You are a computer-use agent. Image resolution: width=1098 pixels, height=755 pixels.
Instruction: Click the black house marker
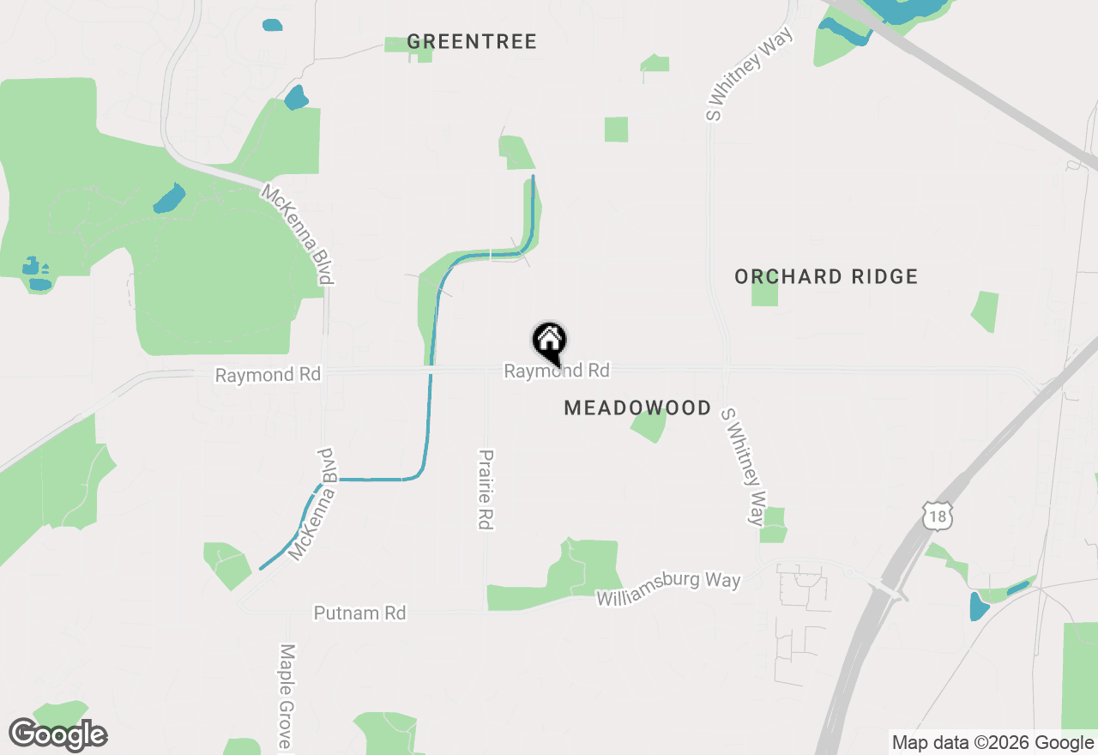(550, 341)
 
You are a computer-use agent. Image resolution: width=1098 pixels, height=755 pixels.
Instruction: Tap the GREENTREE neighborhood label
(472, 41)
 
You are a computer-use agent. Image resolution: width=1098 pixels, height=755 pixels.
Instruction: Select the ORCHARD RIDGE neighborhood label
(826, 276)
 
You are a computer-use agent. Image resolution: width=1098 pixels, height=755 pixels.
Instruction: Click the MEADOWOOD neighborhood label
(637, 408)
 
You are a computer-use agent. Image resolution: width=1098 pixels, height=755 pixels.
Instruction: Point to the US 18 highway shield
(938, 516)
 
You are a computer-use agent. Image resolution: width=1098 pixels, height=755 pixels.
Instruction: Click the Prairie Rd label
(486, 489)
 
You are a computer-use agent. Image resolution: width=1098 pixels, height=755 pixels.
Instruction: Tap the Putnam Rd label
(359, 613)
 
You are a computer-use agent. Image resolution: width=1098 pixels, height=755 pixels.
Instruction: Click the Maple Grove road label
(287, 695)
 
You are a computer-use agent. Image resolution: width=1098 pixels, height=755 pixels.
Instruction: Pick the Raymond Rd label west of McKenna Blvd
(268, 375)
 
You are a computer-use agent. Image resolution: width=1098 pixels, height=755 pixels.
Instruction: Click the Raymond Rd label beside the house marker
(557, 371)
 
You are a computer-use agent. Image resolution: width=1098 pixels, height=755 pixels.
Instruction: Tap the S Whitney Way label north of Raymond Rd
(749, 73)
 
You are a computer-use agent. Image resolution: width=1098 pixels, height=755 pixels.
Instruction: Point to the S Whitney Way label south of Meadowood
(743, 466)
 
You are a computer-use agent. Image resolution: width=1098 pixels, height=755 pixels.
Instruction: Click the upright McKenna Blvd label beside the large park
(298, 234)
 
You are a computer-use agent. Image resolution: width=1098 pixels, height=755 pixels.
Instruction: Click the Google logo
(57, 735)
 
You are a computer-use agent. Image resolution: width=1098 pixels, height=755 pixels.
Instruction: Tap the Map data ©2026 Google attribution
(992, 743)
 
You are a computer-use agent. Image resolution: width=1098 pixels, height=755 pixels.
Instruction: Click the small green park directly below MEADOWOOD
(649, 426)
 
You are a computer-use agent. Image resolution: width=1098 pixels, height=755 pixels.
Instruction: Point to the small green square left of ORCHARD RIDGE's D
(764, 292)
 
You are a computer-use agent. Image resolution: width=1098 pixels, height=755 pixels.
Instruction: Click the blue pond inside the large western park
(169, 199)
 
